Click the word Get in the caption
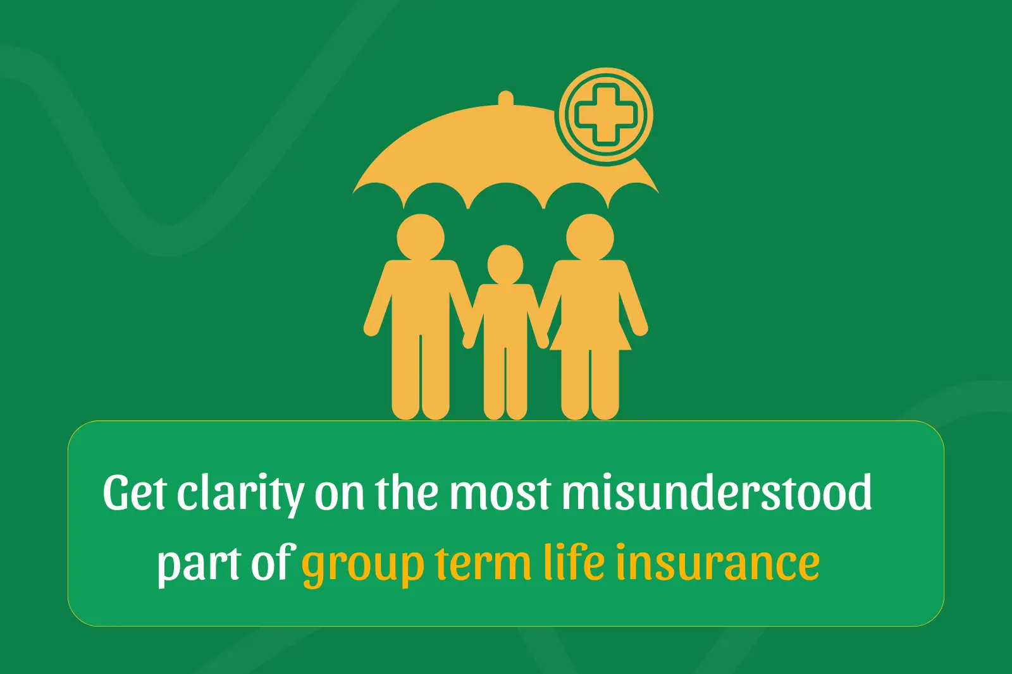point(135,492)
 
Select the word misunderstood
point(717,492)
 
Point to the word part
point(198,563)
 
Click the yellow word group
point(362,564)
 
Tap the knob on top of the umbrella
point(505,99)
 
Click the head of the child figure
point(505,264)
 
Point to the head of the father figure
point(421,237)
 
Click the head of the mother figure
point(589,237)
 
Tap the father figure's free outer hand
point(371,328)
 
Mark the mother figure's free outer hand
point(639,328)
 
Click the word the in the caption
point(406,492)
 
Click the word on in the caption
point(339,493)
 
